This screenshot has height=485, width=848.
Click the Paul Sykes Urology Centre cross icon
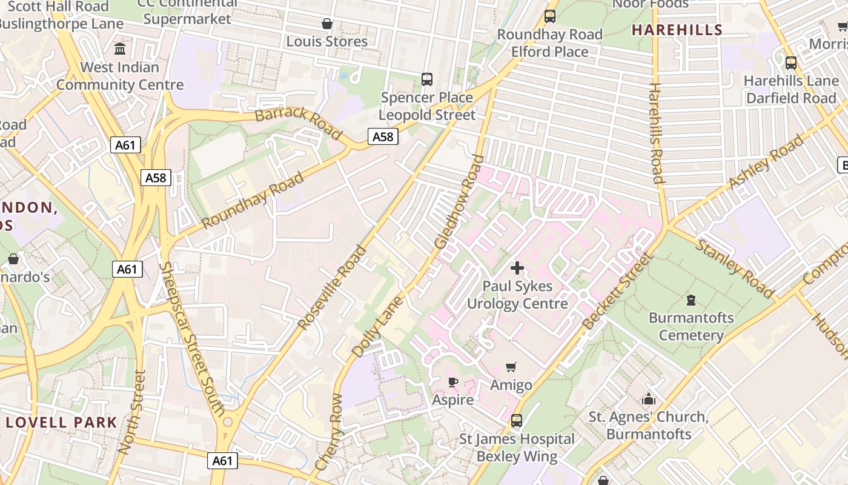[517, 267]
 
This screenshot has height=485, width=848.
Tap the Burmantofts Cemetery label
[691, 326]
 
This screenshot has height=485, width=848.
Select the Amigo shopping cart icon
[511, 367]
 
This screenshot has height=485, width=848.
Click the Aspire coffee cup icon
[452, 382]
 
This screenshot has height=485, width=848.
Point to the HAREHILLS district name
[677, 30]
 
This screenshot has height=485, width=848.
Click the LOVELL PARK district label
[61, 423]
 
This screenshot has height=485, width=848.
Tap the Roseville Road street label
[332, 287]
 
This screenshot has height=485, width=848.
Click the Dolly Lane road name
[377, 326]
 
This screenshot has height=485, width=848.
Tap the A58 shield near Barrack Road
[383, 137]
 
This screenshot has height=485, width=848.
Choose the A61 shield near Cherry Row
[222, 461]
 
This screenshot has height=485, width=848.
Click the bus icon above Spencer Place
[427, 79]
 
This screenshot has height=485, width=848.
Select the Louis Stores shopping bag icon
[327, 24]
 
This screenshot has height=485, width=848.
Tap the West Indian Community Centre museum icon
[120, 48]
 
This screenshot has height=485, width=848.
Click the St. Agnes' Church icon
[649, 399]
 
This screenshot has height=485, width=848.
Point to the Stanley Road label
[734, 269]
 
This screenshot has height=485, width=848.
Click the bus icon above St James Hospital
[517, 420]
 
